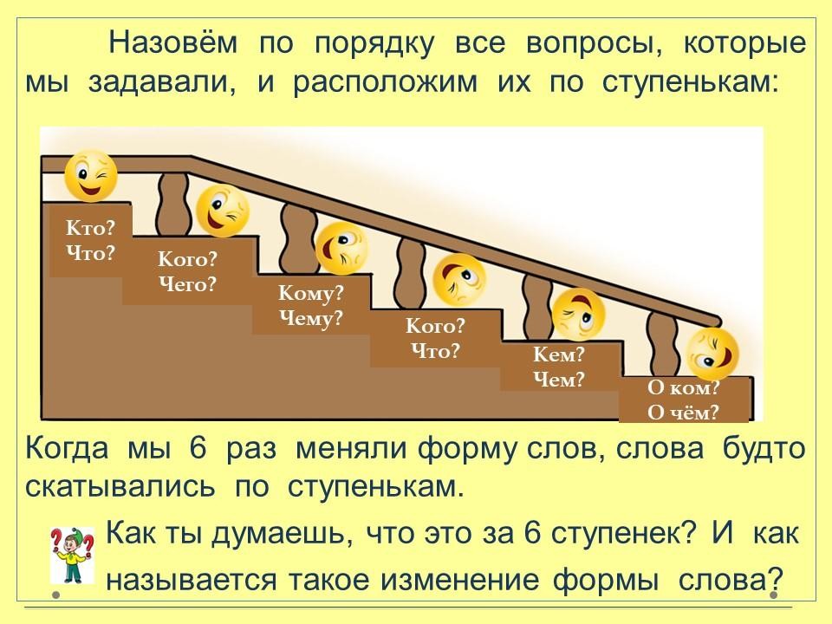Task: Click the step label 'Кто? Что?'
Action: pos(90,241)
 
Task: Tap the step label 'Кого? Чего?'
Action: pos(186,271)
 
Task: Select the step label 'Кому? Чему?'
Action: pos(310,305)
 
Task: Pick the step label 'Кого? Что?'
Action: pos(435,338)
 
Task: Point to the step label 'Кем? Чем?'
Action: pos(558,367)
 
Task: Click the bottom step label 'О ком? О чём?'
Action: pos(684,400)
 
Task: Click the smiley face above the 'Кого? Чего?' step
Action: pos(222,211)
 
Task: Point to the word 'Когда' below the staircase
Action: pos(68,450)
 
